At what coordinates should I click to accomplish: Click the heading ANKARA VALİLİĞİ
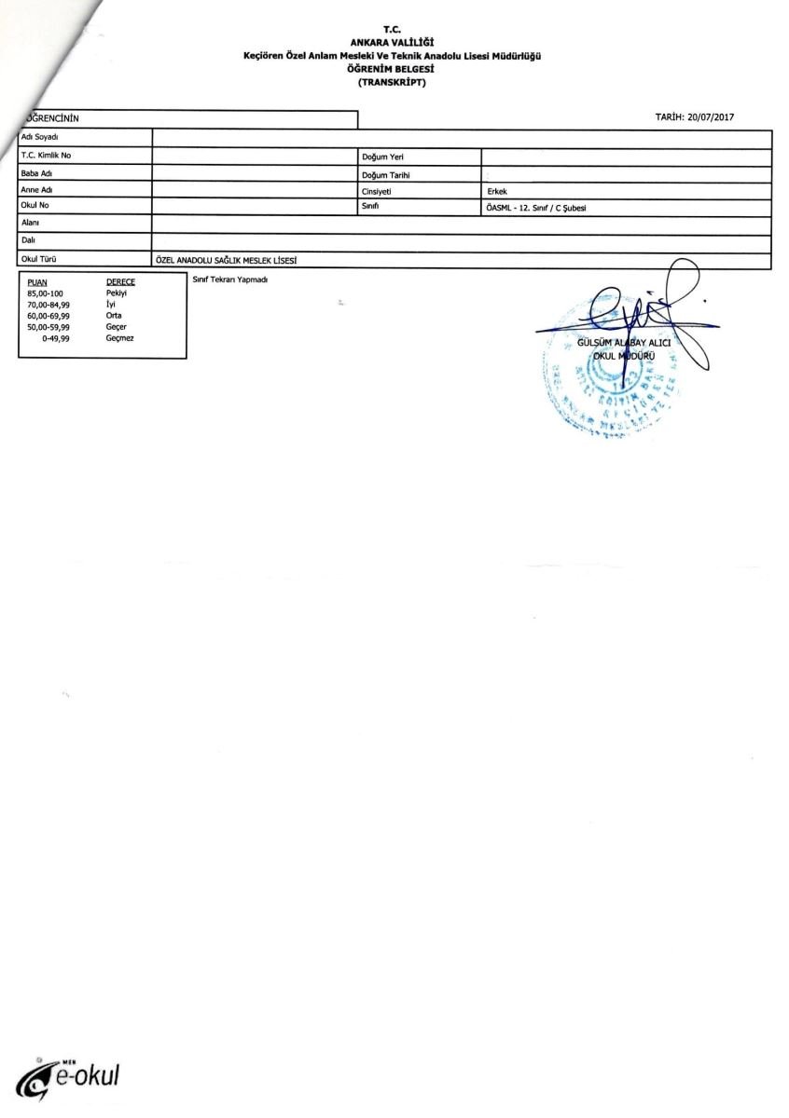coord(393,42)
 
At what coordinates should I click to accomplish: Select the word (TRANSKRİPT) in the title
coord(393,82)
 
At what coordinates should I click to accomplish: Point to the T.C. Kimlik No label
coord(46,156)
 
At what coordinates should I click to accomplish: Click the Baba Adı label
coord(36,173)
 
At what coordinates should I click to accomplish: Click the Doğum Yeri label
coord(381,157)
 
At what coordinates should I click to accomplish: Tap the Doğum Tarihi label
coord(386,174)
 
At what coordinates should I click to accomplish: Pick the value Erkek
coord(496,191)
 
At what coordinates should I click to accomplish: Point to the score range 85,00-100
coord(45,293)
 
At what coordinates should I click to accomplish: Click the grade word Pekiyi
coord(117,293)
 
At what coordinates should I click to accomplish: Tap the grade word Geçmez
coord(120,338)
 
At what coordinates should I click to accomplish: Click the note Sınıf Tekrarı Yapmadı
coord(230,280)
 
